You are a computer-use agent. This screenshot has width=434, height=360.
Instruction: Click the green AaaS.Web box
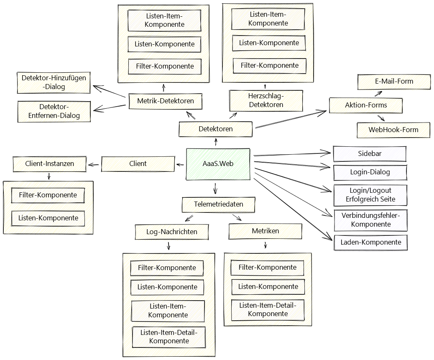218,164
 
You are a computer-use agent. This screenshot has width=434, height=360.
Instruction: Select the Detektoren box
215,129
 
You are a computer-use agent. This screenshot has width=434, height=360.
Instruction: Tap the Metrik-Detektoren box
165,101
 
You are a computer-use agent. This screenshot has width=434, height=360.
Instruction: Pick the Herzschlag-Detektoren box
266,101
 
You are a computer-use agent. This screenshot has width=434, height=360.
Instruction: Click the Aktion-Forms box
366,105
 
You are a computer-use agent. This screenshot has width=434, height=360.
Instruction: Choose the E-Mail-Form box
394,82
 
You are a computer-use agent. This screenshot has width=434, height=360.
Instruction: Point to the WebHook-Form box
393,130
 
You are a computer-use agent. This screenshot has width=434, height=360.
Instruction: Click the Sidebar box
369,154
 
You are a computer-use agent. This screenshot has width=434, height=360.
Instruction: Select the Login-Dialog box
370,172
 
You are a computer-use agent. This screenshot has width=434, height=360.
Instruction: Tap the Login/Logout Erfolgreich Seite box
370,195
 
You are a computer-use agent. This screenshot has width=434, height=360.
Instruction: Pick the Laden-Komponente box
370,243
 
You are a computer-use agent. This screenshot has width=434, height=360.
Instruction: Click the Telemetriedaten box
218,204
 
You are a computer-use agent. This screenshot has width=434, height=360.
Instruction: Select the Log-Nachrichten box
171,232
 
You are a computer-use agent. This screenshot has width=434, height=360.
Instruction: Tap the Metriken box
266,231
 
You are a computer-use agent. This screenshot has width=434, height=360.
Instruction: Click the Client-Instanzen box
49,164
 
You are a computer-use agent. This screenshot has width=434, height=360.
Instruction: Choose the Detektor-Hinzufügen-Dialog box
54,82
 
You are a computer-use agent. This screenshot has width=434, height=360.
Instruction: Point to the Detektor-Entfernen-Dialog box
54,111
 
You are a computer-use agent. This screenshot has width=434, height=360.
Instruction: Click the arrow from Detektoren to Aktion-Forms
290,119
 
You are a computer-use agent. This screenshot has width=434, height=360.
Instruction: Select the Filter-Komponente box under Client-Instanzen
48,195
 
